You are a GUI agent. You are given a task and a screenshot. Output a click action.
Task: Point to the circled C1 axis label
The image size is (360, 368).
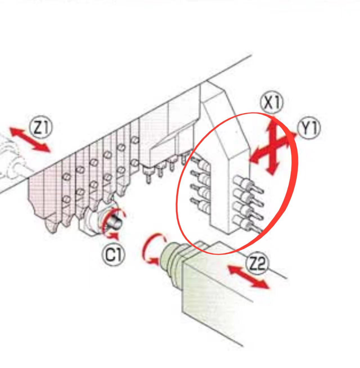tap(114, 255)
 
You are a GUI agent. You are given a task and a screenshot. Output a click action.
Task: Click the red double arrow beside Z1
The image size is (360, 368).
tap(30, 140)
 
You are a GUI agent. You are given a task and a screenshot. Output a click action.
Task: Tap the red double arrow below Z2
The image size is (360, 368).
tap(248, 277)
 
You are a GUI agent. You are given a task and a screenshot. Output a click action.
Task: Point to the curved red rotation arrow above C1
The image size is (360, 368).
tap(112, 223)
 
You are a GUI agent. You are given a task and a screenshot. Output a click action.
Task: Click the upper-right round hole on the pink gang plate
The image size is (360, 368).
tap(135, 140)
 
